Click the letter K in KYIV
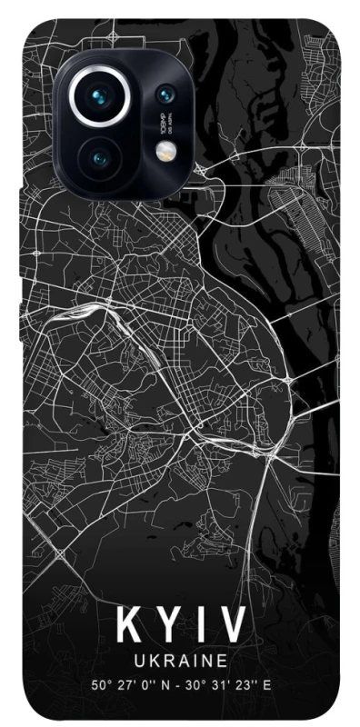tap(126, 626)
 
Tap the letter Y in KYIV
tap(165, 626)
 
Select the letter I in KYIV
tap(197, 626)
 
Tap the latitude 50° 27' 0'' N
tap(133, 683)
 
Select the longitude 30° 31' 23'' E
tap(225, 683)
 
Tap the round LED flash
tap(165, 153)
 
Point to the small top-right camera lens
tap(165, 95)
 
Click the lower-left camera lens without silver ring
tap(100, 159)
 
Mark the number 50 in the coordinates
tap(97, 683)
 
